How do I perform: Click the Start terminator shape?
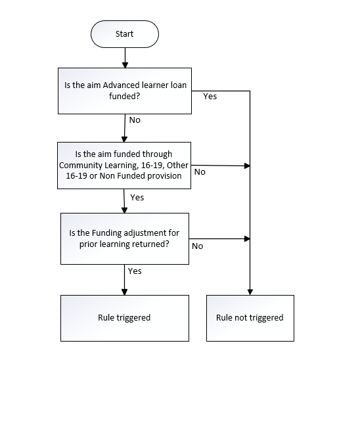tap(125, 34)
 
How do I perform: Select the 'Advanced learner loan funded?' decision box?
tap(125, 91)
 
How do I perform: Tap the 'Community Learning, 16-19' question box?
tap(124, 166)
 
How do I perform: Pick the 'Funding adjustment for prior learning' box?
tap(125, 238)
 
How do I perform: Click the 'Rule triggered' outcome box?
tap(125, 318)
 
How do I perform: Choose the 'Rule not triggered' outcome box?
tap(250, 318)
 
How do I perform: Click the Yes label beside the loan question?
tap(210, 96)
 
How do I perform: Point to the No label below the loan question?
tap(135, 120)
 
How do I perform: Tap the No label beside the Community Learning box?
tap(200, 172)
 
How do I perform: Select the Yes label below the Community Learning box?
tap(137, 197)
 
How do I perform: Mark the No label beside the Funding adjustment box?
tap(197, 246)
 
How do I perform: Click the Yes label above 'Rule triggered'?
tap(135, 271)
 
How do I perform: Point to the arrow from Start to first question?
tap(125, 58)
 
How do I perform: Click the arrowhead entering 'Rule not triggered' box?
tap(250, 292)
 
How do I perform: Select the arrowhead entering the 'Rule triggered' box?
tap(124, 292)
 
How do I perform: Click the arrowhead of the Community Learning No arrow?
tap(247, 166)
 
